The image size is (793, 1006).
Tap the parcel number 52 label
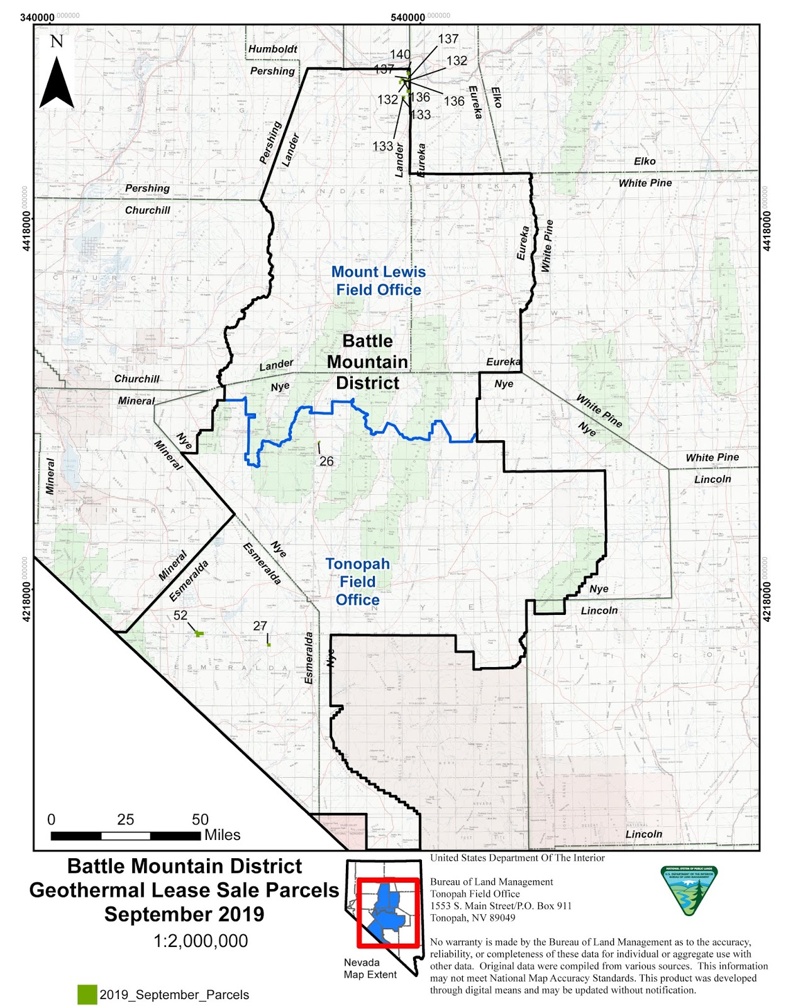click(x=180, y=615)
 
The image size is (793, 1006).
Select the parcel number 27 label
click(x=260, y=626)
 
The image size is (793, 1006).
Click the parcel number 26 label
click(x=326, y=461)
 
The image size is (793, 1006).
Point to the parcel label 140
click(x=400, y=55)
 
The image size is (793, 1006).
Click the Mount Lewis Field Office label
click(x=379, y=280)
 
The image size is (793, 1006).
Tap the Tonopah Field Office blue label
click(x=357, y=582)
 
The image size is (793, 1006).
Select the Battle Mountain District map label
click(x=368, y=362)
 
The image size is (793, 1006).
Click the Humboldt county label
click(x=273, y=49)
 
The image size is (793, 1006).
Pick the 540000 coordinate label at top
click(x=408, y=17)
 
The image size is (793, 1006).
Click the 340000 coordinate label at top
click(x=37, y=17)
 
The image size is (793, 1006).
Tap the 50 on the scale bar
click(x=200, y=819)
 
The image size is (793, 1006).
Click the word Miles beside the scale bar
click(x=222, y=835)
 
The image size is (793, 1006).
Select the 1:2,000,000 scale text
click(x=201, y=941)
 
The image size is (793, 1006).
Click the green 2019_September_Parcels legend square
click(x=87, y=994)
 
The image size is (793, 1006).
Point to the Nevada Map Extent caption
click(x=370, y=968)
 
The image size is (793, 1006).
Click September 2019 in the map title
click(x=184, y=914)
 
